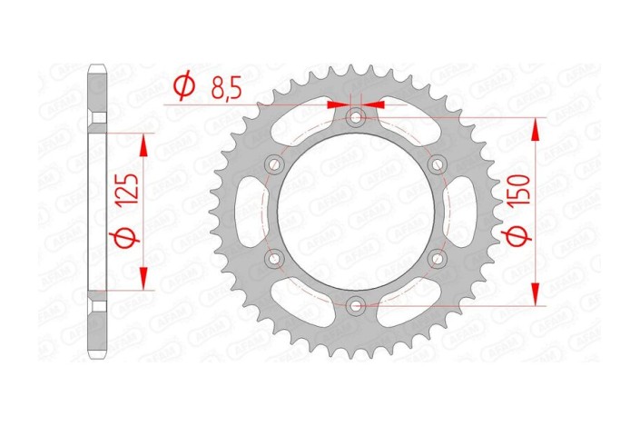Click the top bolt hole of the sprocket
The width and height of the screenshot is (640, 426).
point(356,116)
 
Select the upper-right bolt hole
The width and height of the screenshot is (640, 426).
point(438,163)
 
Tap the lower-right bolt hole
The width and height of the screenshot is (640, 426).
point(438,259)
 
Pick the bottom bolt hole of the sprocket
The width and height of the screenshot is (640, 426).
point(356,306)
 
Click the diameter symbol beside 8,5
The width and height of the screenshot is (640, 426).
point(182,87)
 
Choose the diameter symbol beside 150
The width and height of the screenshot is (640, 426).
point(518,238)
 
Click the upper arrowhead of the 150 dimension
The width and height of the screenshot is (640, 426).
point(535,129)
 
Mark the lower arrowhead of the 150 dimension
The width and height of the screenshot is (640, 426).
point(535,293)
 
